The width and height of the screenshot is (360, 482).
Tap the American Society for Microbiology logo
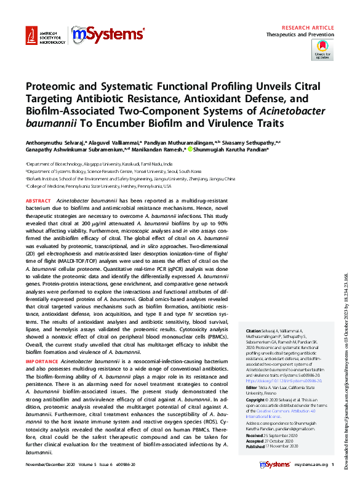pos(46,36)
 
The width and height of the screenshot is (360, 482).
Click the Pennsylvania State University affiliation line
pos(98,185)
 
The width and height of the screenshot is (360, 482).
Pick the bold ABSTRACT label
pos(38,201)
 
